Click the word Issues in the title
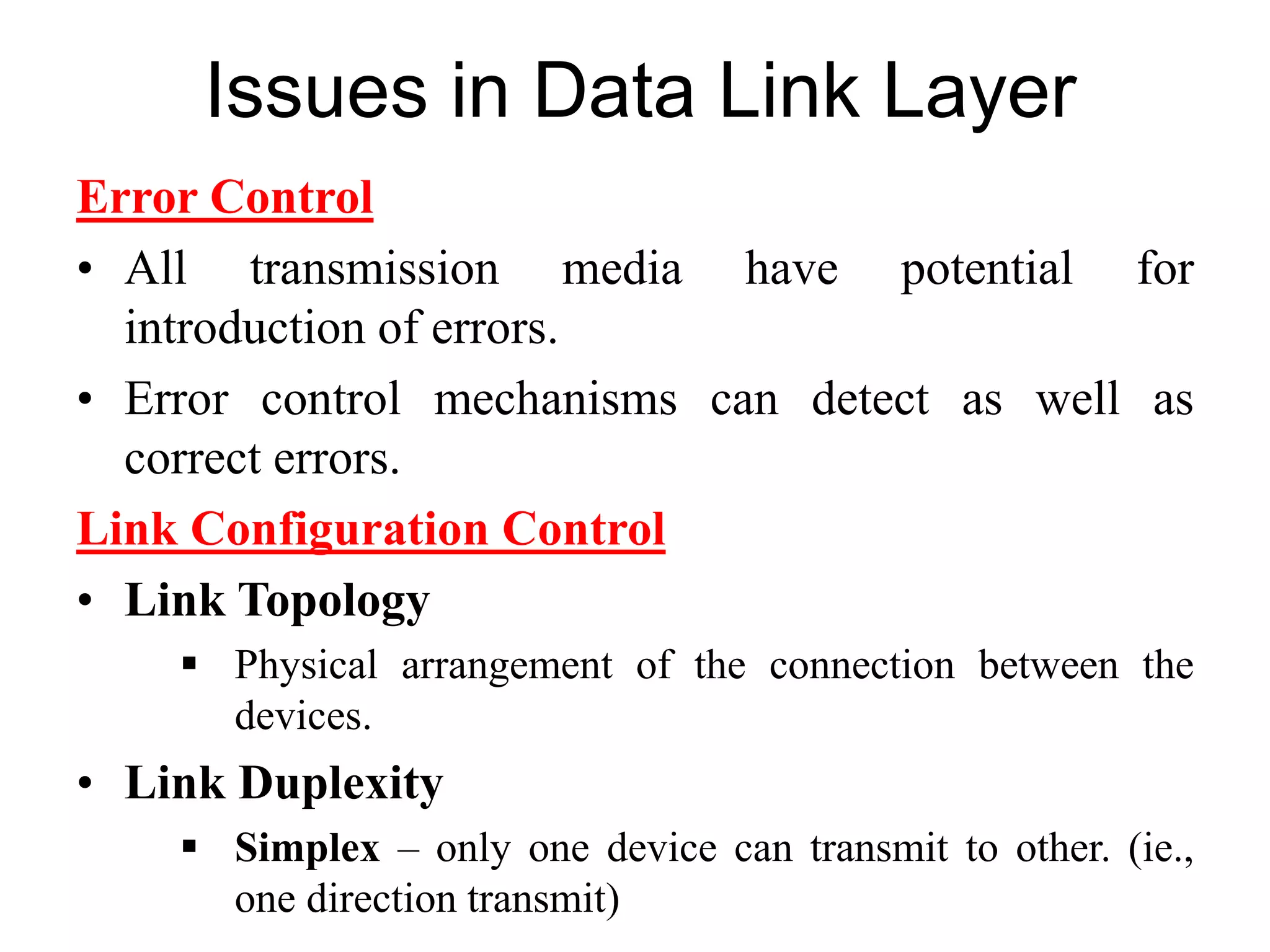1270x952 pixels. click(317, 92)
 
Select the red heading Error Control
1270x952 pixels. click(225, 197)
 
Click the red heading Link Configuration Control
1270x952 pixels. click(371, 529)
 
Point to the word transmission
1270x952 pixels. click(375, 269)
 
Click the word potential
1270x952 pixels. click(987, 269)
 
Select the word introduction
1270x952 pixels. click(245, 328)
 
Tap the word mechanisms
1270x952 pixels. click(555, 399)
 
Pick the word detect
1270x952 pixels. click(870, 399)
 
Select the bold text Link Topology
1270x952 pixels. click(277, 601)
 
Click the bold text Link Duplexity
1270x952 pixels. click(284, 783)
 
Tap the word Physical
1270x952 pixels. click(306, 666)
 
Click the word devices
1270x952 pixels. click(302, 716)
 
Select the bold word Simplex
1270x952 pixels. click(307, 848)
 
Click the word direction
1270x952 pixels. click(381, 899)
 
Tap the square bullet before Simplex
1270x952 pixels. click(189, 846)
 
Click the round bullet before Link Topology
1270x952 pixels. click(86, 601)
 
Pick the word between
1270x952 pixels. click(1049, 666)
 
